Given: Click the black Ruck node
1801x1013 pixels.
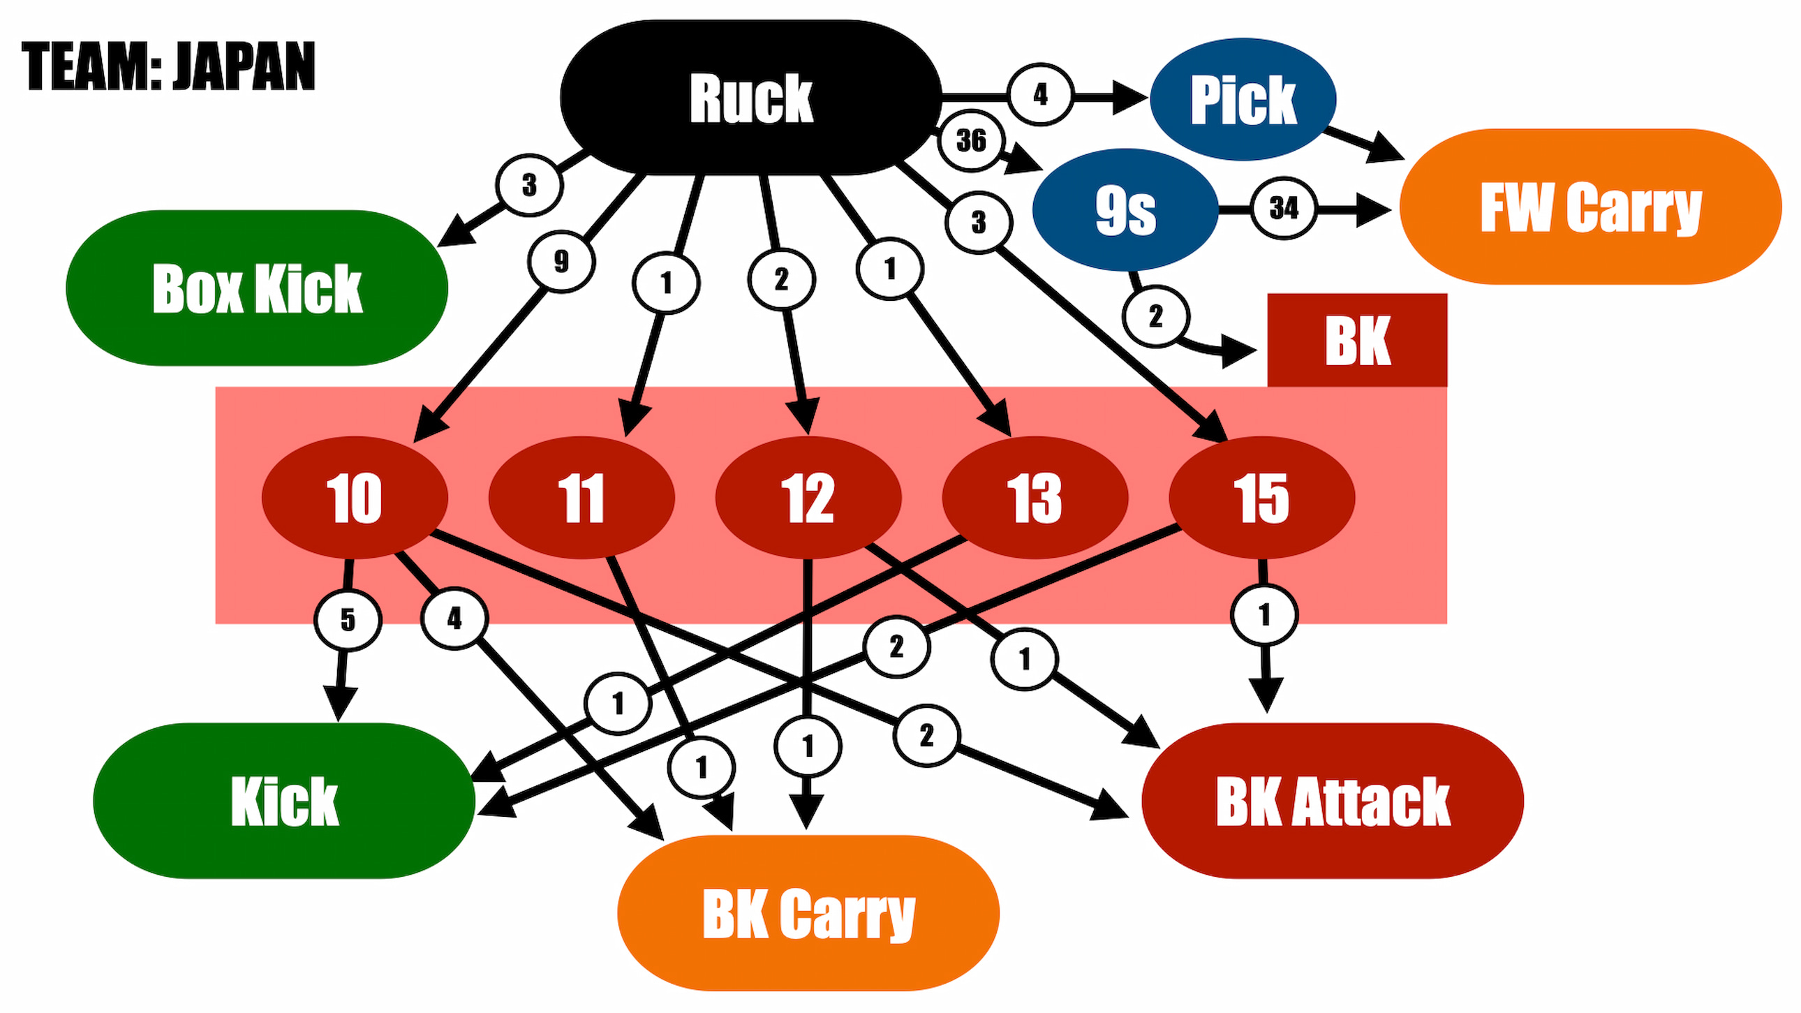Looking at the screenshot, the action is point(751,97).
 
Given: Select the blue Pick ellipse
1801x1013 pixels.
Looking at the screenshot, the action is point(1243,98).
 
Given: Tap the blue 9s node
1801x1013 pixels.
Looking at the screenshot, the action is point(1125,209).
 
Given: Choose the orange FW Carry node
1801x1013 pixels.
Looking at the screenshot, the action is point(1591,206).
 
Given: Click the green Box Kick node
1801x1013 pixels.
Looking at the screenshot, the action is point(257,288).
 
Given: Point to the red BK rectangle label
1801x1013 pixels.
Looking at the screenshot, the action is point(1357,340).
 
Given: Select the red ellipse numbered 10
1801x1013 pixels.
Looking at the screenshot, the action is point(355,498).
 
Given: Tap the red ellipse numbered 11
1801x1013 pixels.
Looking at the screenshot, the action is point(581,498).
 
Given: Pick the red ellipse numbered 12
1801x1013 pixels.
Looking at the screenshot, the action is point(808,498).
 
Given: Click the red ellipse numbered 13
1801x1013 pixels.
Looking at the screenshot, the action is point(1035,498).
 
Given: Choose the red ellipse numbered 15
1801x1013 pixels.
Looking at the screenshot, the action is point(1262,498).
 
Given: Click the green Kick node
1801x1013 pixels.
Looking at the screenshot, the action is point(284,801).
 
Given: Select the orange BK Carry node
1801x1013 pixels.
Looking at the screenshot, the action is point(808,913).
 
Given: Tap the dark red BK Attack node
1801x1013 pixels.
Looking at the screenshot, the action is point(1333,801).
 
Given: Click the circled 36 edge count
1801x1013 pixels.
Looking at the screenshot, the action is point(971,140).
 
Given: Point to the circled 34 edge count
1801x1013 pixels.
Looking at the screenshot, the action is point(1283,207).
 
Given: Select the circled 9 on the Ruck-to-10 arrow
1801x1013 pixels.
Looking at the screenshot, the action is point(561,262).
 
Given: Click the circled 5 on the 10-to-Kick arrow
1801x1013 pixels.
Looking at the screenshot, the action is point(348,620).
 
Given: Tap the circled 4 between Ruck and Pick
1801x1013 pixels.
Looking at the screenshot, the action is point(1040,94).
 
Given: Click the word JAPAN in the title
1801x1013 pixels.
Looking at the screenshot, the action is point(245,66).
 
